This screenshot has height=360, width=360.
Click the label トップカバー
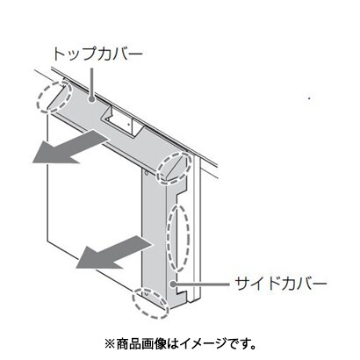pyautogui.click(x=97, y=54)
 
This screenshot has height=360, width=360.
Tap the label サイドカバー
pyautogui.click(x=281, y=284)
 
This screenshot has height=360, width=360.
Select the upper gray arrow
pyautogui.click(x=69, y=147)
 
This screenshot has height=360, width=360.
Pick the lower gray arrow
pyautogui.click(x=114, y=252)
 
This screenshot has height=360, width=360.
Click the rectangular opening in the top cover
pyautogui.click(x=119, y=120)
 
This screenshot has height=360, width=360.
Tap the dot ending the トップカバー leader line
pyautogui.click(x=91, y=100)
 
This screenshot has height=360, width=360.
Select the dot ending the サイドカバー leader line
pyautogui.click(x=173, y=284)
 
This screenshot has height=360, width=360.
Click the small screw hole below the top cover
pyautogui.click(x=147, y=173)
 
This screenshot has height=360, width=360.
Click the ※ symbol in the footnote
pyautogui.click(x=111, y=344)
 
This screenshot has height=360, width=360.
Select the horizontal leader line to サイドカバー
pyautogui.click(x=202, y=284)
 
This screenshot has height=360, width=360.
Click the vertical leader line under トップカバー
pyautogui.click(x=91, y=83)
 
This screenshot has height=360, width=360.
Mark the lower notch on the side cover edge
pyautogui.click(x=182, y=292)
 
